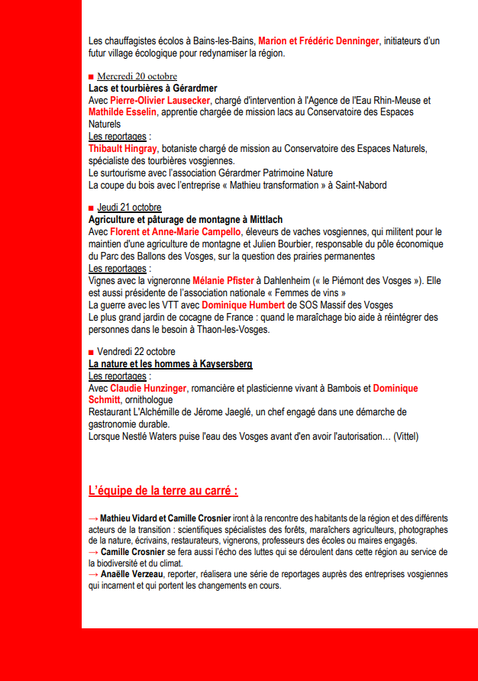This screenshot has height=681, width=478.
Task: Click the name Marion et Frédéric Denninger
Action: tap(318, 40)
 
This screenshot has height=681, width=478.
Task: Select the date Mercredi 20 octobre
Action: tap(137, 76)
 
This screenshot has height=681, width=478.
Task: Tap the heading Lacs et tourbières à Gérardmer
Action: tap(153, 88)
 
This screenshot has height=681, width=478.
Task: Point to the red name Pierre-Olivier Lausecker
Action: tap(160, 100)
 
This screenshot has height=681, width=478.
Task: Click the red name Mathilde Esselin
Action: tap(122, 111)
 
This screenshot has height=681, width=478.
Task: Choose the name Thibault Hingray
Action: tap(123, 148)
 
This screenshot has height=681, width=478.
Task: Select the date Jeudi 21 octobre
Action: tap(129, 208)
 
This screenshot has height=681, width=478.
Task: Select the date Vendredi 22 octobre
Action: tap(136, 351)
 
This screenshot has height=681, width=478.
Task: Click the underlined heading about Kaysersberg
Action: tap(170, 363)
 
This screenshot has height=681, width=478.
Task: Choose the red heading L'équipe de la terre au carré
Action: tap(163, 490)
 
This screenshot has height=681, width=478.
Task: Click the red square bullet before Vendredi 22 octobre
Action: tap(91, 352)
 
